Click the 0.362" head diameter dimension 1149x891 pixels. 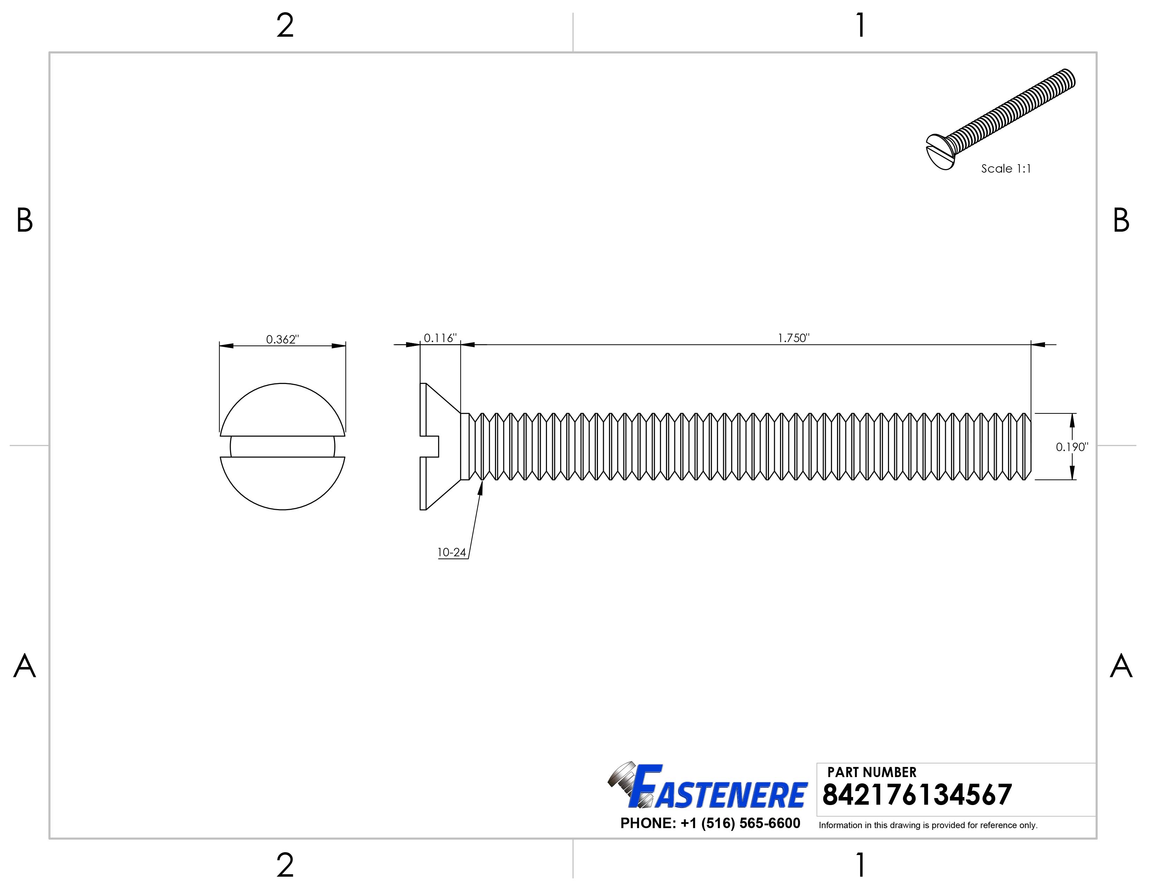point(282,340)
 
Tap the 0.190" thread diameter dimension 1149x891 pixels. point(1072,447)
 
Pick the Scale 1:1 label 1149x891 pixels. point(1005,168)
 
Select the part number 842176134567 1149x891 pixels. point(917,795)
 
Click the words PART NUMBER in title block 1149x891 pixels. point(872,772)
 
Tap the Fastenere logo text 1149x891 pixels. point(721,794)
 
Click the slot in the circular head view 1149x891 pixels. point(282,447)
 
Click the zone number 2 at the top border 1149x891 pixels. point(284,26)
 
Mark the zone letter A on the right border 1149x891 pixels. point(1121,667)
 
